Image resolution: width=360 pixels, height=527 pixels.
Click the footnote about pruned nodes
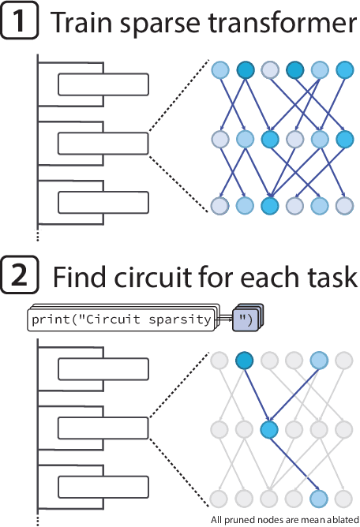(x=284, y=519)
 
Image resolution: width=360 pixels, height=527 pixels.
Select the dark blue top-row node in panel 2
(x=244, y=361)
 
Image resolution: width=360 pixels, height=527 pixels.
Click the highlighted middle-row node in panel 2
(x=269, y=430)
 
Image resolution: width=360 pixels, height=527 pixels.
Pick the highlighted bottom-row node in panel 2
(x=319, y=498)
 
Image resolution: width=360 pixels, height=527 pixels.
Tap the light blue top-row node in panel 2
(x=319, y=361)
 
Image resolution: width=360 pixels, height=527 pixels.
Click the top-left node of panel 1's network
(x=219, y=71)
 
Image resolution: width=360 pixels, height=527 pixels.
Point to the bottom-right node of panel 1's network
(x=344, y=207)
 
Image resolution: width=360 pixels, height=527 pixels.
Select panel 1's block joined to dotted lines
(x=102, y=143)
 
